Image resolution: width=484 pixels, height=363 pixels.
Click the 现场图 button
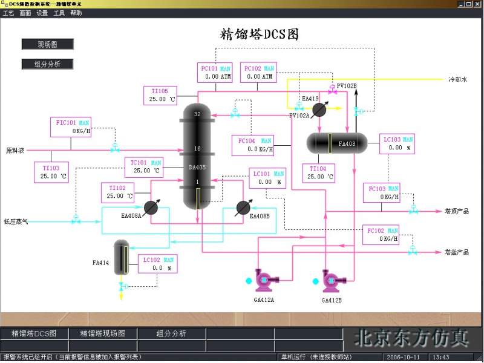[47, 44]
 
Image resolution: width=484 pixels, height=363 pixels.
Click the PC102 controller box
[259, 73]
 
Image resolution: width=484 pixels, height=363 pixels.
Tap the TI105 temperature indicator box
[161, 95]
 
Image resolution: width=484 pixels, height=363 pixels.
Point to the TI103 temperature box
[51, 172]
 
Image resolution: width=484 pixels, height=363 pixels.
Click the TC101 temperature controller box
[145, 166]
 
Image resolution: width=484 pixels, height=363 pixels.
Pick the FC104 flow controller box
[253, 145]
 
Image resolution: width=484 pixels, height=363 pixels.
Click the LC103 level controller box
[397, 143]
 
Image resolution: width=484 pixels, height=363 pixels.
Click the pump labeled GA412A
[264, 280]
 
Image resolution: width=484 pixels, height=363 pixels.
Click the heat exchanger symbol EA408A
[151, 208]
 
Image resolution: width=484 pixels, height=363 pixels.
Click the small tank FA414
[122, 257]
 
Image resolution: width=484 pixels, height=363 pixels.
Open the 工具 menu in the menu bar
[59, 13]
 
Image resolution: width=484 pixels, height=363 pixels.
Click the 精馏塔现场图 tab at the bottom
[103, 334]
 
